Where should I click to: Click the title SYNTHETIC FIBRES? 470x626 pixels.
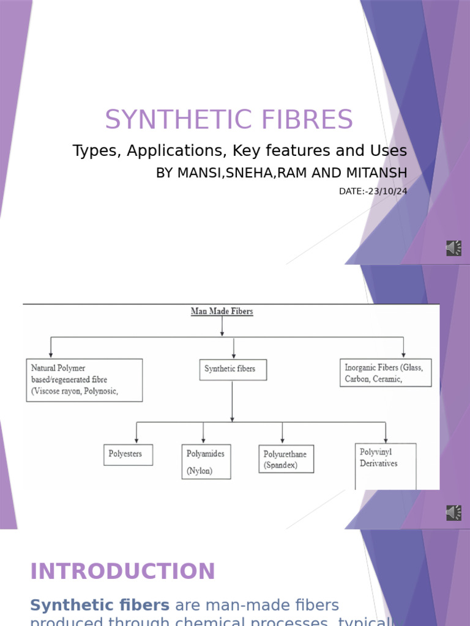(229, 120)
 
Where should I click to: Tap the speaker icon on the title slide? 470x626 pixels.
(453, 248)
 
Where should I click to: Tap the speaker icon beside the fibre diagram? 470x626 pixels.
(453, 513)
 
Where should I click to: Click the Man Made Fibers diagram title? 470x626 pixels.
(222, 312)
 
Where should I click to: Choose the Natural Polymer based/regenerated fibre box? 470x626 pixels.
(84, 380)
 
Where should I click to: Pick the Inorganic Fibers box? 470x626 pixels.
(386, 373)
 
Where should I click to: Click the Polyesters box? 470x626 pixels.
(128, 454)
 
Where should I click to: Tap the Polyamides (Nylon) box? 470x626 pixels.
(206, 462)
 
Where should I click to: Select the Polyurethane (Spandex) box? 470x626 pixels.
(286, 459)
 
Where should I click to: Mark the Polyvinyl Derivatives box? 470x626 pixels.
(386, 465)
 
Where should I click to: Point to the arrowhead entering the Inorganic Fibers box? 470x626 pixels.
(404, 355)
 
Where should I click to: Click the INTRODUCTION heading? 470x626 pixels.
(122, 572)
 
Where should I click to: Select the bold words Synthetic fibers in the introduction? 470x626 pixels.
(100, 606)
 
